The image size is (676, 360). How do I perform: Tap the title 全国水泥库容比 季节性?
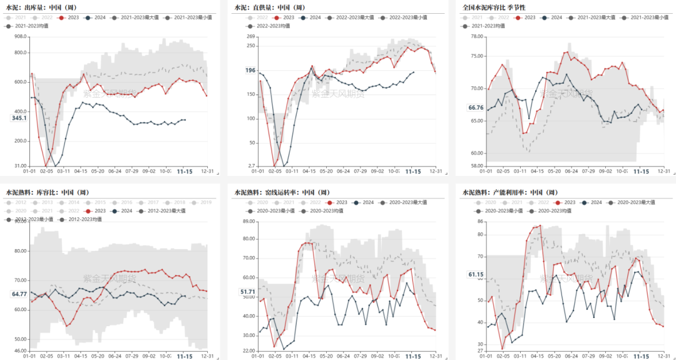(x=494, y=7)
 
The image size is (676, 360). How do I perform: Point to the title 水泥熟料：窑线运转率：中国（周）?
(x=282, y=192)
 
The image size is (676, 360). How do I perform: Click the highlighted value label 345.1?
(x=19, y=118)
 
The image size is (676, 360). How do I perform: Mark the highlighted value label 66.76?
(x=476, y=108)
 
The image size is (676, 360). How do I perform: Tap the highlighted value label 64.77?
(x=19, y=294)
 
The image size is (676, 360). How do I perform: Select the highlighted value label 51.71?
(x=247, y=292)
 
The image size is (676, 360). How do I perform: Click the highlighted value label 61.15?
(x=476, y=274)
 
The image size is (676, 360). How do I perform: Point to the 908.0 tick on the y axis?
(x=19, y=36)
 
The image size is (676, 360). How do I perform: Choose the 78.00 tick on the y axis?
(x=476, y=36)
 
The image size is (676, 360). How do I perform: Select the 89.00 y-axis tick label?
(x=247, y=221)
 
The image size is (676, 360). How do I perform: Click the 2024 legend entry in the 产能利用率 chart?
(x=595, y=203)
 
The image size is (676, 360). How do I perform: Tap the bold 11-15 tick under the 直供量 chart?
(x=412, y=170)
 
